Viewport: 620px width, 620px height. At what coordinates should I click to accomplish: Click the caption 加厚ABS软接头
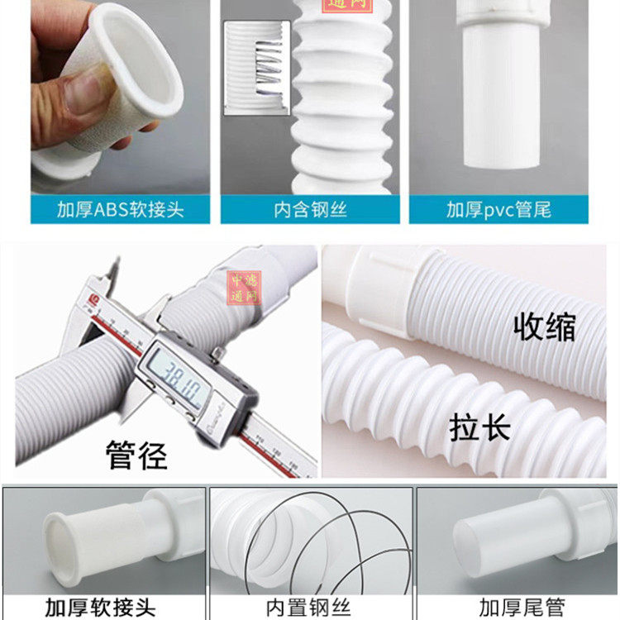point(121,209)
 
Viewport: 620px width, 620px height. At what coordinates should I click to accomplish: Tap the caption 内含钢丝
point(312,209)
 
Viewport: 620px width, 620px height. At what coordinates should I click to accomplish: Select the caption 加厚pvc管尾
point(498,209)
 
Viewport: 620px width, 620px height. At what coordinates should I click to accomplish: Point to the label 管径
point(136,454)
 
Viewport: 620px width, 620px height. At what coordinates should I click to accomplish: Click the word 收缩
point(545,327)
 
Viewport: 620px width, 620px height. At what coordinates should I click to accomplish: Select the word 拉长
point(479,428)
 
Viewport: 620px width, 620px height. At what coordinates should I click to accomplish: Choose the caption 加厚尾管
point(517,604)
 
